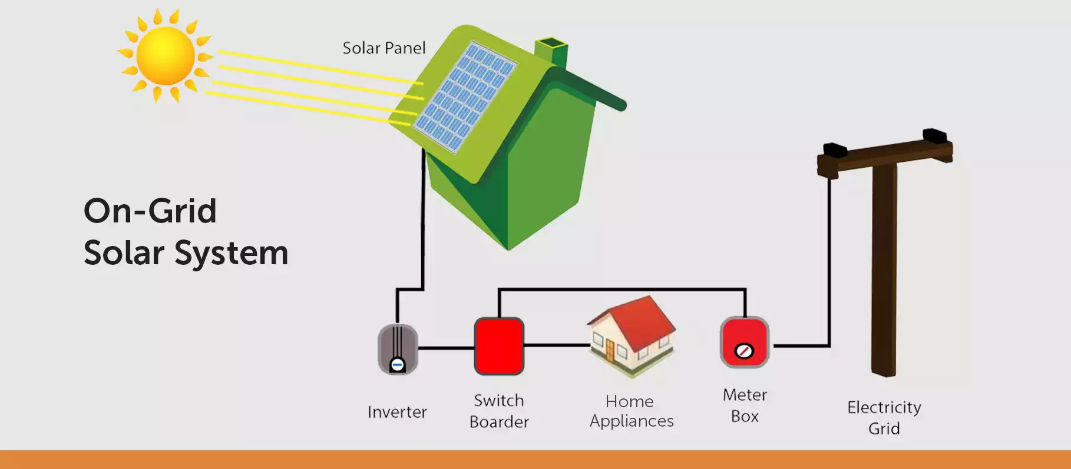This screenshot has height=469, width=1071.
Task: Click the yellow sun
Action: [x=165, y=56]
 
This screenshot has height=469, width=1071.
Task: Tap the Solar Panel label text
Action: [x=384, y=48]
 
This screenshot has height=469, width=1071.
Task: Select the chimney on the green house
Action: [x=551, y=52]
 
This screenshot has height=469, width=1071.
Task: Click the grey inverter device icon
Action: [x=398, y=350]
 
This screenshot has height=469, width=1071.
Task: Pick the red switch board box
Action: [x=499, y=346]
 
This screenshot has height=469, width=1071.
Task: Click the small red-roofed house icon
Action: [x=632, y=335]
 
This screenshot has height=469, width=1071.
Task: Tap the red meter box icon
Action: [x=745, y=342]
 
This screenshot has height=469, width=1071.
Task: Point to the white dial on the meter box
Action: [x=744, y=351]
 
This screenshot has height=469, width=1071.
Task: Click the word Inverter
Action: [x=397, y=412]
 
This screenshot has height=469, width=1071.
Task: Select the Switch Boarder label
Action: [x=499, y=411]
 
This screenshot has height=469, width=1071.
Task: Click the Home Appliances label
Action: [x=631, y=411]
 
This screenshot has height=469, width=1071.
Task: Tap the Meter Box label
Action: [x=745, y=405]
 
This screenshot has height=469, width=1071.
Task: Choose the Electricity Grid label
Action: [x=884, y=417]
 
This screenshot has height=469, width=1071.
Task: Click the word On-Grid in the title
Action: [x=150, y=211]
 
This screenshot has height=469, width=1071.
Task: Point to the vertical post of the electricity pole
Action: [x=884, y=271]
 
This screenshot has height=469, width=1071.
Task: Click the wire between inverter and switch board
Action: [x=446, y=348]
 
